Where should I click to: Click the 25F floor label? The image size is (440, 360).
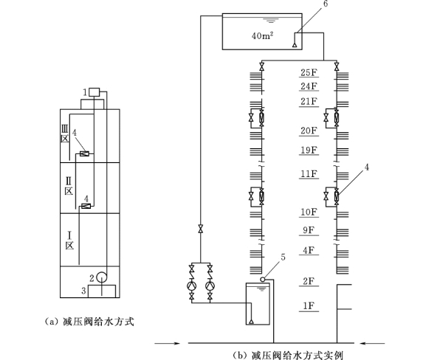309,72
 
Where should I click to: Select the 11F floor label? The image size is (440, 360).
309,174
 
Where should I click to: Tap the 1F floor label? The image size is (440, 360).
309,305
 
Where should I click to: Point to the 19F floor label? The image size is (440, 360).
309,150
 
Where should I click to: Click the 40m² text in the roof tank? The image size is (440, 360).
263,35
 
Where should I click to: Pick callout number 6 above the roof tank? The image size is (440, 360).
326,4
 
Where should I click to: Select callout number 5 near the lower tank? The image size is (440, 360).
283,257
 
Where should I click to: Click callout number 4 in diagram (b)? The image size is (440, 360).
366,167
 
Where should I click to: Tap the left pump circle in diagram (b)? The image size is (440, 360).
192,285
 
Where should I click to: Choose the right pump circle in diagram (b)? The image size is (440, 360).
210,285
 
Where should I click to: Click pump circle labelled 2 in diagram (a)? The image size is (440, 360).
101,277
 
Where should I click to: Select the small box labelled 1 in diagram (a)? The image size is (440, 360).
94,92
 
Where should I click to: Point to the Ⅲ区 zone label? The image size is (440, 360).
65,134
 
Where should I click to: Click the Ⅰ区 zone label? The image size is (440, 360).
69,240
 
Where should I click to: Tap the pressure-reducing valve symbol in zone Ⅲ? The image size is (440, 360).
84,153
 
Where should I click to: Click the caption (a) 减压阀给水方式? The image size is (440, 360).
89,322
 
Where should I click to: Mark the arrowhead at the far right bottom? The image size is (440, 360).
362,343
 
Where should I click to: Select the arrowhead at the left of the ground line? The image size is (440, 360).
176,343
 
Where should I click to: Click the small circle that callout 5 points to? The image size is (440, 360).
263,280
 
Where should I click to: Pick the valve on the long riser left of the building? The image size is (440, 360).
201,229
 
